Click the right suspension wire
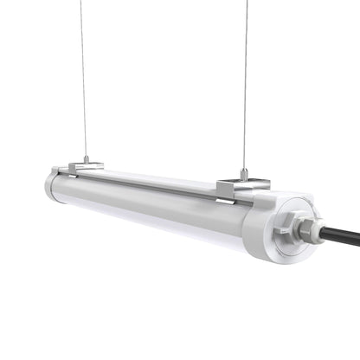pyautogui.click(x=247, y=87)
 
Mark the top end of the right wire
pyautogui.click(x=247, y=2)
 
